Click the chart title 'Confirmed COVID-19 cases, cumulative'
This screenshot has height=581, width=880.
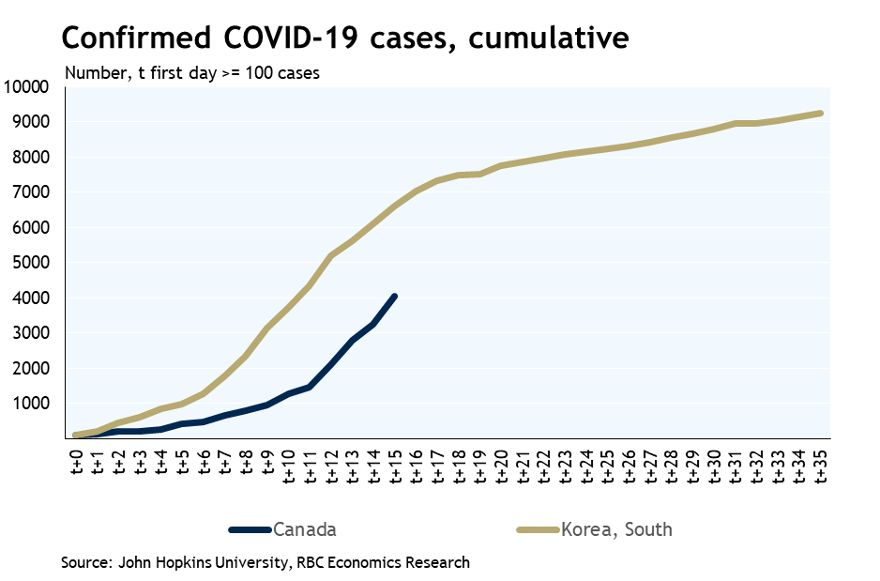pos(343,38)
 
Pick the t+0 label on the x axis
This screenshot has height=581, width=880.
pos(76,461)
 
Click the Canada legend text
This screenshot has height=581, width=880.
pos(305,529)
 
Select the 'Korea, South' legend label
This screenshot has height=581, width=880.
pos(616,529)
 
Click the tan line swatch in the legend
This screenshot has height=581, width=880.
pos(538,530)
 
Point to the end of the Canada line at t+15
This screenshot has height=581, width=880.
pos(395,297)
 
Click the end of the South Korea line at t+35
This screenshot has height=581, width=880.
pos(822,114)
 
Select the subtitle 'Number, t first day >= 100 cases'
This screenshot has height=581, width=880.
pos(191,73)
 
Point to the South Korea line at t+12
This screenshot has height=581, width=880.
pos(331,255)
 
